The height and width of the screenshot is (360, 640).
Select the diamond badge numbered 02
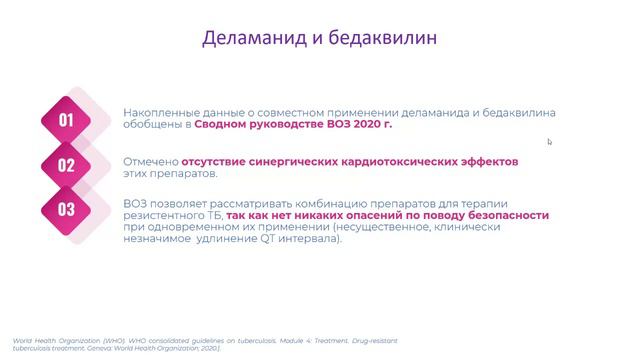coord(67,166)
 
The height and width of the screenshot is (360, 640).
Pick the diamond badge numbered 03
coord(67,209)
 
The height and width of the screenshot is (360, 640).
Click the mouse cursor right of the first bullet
coord(549,142)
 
